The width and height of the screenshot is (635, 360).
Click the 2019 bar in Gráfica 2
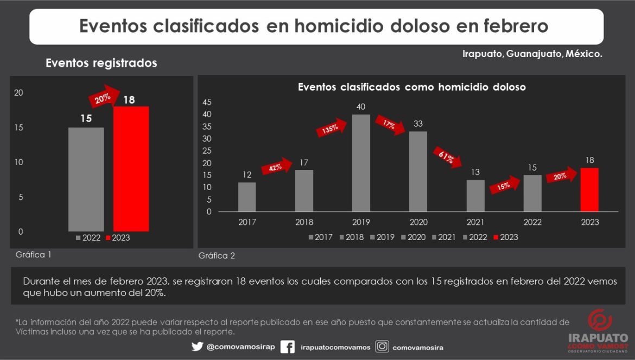pyautogui.click(x=361, y=163)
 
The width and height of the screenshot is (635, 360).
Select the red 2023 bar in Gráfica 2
pyautogui.click(x=589, y=190)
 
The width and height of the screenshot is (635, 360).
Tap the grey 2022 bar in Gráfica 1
pyautogui.click(x=86, y=179)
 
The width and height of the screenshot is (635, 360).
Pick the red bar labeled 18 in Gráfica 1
pyautogui.click(x=131, y=168)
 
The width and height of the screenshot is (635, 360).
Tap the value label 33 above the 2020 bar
pyautogui.click(x=418, y=124)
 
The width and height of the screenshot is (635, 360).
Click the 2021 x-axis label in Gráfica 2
pyautogui.click(x=476, y=222)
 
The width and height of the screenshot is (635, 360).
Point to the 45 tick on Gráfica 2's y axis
pyautogui.click(x=206, y=102)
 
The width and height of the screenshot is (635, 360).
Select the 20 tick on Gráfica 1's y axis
pyautogui.click(x=19, y=93)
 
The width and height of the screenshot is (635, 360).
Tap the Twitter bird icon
pyautogui.click(x=197, y=346)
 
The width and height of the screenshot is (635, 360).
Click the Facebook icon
pyautogui.click(x=288, y=346)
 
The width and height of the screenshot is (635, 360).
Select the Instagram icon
pyautogui.click(x=382, y=346)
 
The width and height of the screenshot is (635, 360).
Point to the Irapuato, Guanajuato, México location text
pyautogui.click(x=532, y=54)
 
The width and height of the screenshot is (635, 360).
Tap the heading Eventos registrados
pyautogui.click(x=101, y=63)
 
